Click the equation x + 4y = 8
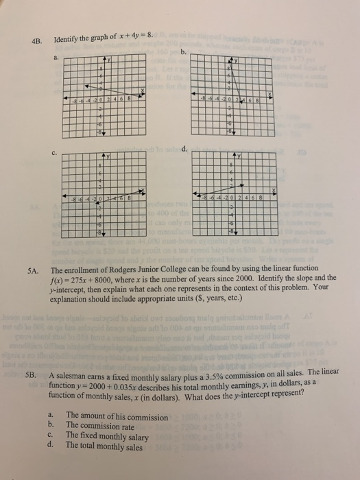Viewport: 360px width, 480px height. tap(137, 36)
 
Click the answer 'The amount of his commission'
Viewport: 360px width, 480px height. tap(116, 416)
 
